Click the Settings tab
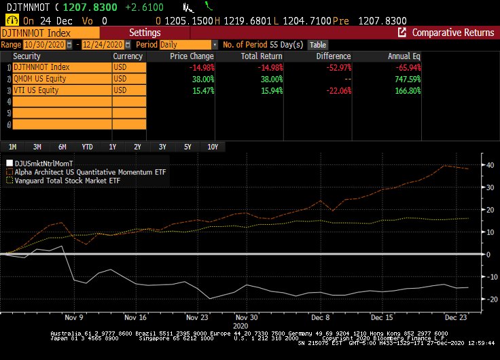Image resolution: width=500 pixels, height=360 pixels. pos(145,33)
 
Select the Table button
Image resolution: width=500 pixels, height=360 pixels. pos(317,44)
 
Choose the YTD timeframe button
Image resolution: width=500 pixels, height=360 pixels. pos(87,147)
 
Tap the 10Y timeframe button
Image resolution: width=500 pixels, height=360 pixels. pos(213,147)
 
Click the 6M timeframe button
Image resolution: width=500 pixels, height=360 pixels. pos(62,147)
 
